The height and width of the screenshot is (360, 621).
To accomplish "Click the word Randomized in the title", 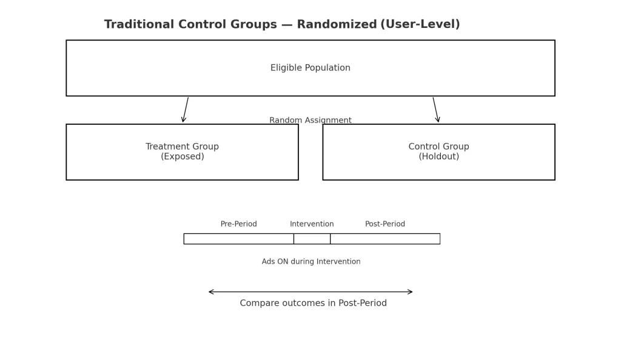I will (x=337, y=25).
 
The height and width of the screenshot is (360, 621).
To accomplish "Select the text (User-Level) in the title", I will (x=420, y=25).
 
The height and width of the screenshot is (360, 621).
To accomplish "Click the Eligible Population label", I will (x=310, y=68).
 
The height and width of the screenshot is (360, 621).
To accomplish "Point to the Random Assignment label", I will (x=310, y=120).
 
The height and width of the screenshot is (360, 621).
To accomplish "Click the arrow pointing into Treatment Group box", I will (x=185, y=110).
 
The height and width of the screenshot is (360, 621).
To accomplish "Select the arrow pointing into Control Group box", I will (x=436, y=110).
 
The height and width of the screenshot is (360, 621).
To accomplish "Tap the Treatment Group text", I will (x=182, y=147).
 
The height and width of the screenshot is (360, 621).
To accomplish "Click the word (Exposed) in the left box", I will (x=182, y=157).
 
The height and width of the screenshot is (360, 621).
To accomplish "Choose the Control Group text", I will (x=438, y=147).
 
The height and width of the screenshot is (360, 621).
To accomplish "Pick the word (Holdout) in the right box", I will (x=438, y=157).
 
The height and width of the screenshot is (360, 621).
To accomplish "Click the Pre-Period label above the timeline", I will (x=238, y=224).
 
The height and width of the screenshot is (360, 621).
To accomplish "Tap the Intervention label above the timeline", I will (x=312, y=224).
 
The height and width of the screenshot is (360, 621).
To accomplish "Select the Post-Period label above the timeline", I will (x=385, y=224).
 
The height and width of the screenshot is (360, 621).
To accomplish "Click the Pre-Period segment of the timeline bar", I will (x=238, y=239).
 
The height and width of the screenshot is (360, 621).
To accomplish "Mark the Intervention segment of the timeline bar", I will (x=312, y=239).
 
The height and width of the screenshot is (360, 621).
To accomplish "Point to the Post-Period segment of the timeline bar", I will (x=385, y=239).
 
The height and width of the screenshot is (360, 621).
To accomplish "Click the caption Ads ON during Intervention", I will (x=310, y=262).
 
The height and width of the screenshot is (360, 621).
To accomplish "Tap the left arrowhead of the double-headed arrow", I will (x=211, y=292).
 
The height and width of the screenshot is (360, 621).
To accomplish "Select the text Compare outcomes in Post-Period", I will (x=313, y=303).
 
